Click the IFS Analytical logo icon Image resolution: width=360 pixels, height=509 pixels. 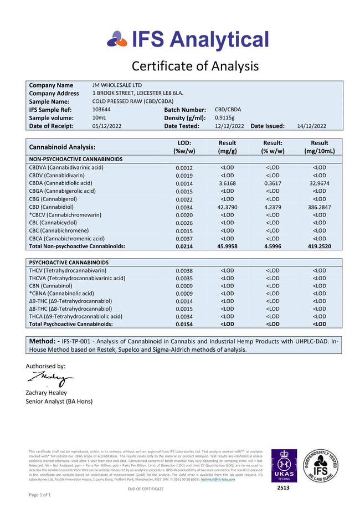pyautogui.click(x=116, y=39)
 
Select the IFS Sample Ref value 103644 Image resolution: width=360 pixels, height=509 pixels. pyautogui.click(x=101, y=110)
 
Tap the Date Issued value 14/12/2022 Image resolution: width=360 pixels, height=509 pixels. pyautogui.click(x=312, y=126)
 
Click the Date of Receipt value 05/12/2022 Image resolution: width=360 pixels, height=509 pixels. pyautogui.click(x=107, y=126)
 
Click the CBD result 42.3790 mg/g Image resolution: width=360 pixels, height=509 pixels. pyautogui.click(x=227, y=207)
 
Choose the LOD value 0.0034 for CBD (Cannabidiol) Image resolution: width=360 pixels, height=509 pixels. pyautogui.click(x=184, y=207)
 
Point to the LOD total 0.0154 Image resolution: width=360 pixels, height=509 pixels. pyautogui.click(x=184, y=324)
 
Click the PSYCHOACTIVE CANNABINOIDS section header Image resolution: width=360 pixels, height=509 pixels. pyautogui.click(x=68, y=263)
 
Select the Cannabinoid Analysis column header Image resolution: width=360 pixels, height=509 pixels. pyautogui.click(x=62, y=147)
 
